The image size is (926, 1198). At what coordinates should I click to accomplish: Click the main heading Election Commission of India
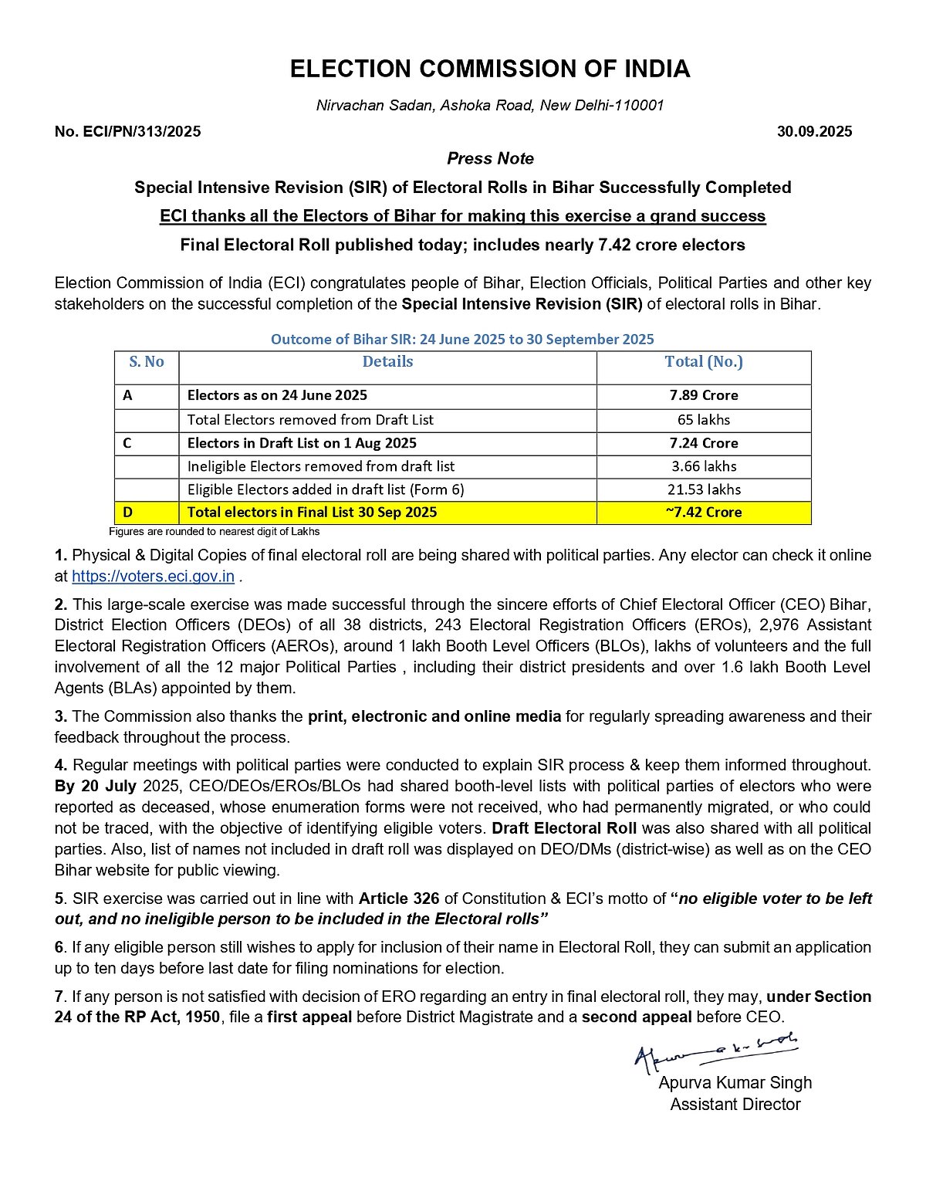pyautogui.click(x=489, y=69)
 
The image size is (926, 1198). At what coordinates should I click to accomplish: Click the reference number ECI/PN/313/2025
pyautogui.click(x=128, y=132)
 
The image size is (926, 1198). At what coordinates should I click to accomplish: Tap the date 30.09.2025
pyautogui.click(x=814, y=132)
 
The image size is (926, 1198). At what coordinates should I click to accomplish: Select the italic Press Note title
pyautogui.click(x=490, y=159)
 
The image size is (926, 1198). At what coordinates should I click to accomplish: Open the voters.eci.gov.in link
pyautogui.click(x=153, y=577)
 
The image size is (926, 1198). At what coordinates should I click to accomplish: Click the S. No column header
pyautogui.click(x=147, y=362)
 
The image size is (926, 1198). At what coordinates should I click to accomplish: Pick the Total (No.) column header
pyautogui.click(x=704, y=362)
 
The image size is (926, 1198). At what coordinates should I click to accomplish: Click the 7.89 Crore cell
pyautogui.click(x=704, y=395)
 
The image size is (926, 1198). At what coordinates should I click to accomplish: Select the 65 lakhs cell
pyautogui.click(x=704, y=420)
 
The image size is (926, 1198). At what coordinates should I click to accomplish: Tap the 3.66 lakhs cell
pyautogui.click(x=704, y=466)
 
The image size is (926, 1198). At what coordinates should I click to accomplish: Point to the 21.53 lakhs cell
pyautogui.click(x=704, y=489)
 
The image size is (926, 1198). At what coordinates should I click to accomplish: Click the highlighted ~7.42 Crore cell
pyautogui.click(x=704, y=513)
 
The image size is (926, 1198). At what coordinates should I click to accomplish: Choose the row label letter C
pyautogui.click(x=127, y=443)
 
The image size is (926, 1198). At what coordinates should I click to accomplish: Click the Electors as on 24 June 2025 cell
pyautogui.click(x=278, y=395)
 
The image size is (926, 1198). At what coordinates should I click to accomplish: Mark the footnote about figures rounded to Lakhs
pyautogui.click(x=214, y=532)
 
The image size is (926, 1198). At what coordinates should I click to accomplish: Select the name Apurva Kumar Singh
pyautogui.click(x=735, y=1083)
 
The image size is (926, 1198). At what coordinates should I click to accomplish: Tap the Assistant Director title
pyautogui.click(x=735, y=1105)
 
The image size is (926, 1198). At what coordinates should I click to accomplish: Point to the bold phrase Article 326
pyautogui.click(x=399, y=898)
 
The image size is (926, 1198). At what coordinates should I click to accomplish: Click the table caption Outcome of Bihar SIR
pyautogui.click(x=462, y=340)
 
